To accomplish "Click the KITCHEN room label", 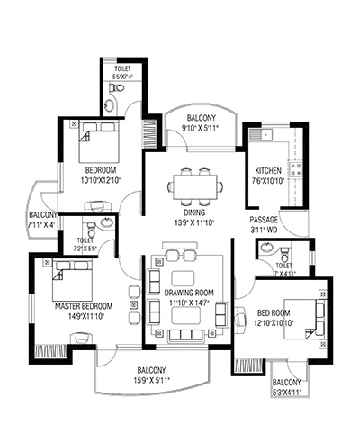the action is tap(268, 171).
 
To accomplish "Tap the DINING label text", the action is tap(194, 212).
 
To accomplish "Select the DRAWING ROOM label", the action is tap(189, 293).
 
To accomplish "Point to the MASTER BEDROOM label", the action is tap(84, 306).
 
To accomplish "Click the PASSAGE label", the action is tap(264, 220).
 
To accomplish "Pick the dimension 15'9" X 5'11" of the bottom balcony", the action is tap(152, 381).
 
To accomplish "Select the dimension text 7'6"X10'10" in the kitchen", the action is tap(268, 181).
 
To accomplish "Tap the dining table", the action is tap(195, 187).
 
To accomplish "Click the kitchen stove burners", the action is tap(295, 169).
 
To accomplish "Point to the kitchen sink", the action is tap(266, 134).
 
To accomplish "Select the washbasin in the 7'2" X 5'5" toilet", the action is tap(106, 222).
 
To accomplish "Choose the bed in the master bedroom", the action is tap(72, 281).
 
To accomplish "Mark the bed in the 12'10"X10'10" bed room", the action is tap(305, 319).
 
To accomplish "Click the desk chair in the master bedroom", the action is tap(81, 338).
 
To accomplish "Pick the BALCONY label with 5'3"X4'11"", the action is tap(286, 383).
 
